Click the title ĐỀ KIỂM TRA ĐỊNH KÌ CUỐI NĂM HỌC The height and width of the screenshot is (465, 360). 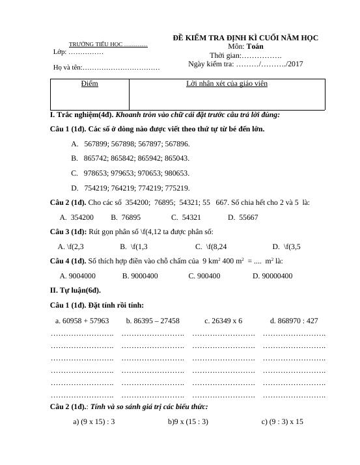[245, 38]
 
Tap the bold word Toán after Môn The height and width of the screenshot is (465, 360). [255, 47]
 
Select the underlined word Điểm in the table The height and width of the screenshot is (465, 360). [89, 84]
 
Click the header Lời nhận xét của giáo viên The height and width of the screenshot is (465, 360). [227, 84]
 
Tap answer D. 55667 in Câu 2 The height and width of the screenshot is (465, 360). [243, 217]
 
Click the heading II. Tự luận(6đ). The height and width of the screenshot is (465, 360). [75, 290]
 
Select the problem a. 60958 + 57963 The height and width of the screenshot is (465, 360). [82, 321]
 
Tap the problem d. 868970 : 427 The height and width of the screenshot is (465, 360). [294, 321]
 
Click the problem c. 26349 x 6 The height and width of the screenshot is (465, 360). [223, 321]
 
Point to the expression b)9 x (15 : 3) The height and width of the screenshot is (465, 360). [187, 421]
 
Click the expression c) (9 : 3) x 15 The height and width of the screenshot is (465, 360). [282, 421]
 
